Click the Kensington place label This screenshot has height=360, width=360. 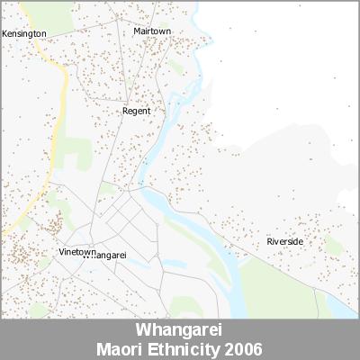tap(24, 33)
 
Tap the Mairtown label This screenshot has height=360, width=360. tap(152, 31)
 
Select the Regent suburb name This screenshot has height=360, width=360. tap(136, 111)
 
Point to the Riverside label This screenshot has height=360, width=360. tap(284, 242)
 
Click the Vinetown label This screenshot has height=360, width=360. tap(76, 251)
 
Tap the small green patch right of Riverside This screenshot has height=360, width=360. tap(334, 245)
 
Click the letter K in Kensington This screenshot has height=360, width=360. tap(4, 33)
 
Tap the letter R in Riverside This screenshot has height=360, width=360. tap(269, 242)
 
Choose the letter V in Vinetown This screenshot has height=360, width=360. tap(60, 251)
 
